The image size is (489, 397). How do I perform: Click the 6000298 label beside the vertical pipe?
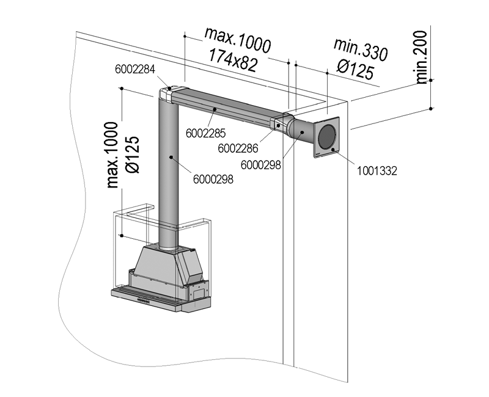click(212, 179)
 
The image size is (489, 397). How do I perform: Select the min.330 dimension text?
click(361, 49)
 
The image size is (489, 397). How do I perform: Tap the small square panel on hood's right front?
click(198, 293)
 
